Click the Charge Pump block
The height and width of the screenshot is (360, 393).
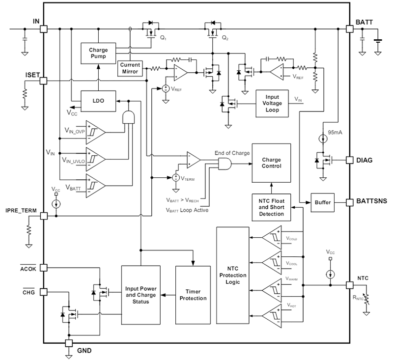click(98, 53)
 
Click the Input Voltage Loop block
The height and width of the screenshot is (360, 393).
click(272, 103)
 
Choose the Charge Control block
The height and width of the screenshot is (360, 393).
click(271, 163)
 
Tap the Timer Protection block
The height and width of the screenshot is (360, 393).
click(193, 295)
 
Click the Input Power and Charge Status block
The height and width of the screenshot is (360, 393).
click(140, 295)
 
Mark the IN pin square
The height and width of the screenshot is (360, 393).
click(43, 29)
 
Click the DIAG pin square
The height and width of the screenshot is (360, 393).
click(350, 160)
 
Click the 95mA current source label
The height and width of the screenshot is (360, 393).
click(336, 131)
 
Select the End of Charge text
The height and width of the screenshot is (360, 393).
click(231, 153)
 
